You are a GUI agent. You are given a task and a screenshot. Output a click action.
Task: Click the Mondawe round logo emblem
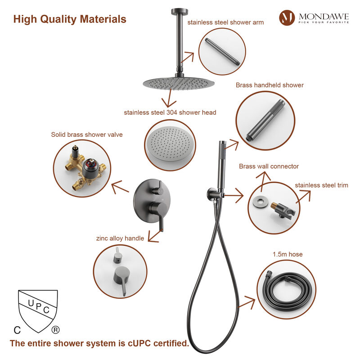287,18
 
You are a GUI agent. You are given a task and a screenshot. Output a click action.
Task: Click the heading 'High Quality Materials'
70,19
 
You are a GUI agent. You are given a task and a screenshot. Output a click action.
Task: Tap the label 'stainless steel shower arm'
225,22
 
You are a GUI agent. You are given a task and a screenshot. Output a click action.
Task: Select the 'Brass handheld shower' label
270,85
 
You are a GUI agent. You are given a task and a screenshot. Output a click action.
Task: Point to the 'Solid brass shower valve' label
87,135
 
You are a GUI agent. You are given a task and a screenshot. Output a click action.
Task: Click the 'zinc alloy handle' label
120,238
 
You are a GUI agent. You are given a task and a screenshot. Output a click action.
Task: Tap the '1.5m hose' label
288,254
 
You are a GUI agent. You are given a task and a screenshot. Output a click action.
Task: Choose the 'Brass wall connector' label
269,166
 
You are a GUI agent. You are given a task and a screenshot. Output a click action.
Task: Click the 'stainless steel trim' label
321,185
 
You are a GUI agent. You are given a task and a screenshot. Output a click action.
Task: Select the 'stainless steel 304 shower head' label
170,112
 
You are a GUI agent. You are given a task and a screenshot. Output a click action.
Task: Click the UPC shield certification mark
38,311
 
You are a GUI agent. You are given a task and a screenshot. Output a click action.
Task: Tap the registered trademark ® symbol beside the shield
55,330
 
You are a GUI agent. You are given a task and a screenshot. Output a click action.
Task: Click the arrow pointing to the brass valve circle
120,187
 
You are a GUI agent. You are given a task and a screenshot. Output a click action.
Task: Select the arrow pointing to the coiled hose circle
247,302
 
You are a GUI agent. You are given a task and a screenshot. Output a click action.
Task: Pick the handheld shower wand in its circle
265,120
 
